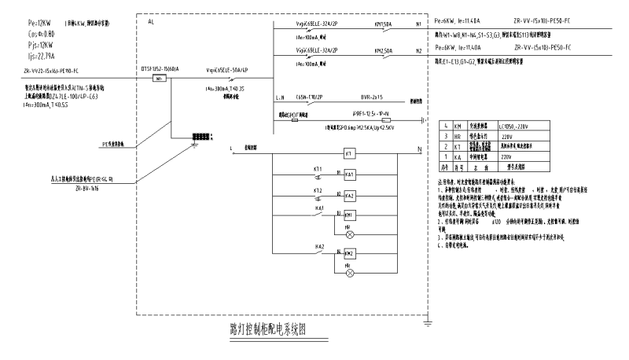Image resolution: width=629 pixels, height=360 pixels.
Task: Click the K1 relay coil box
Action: (x=349, y=154)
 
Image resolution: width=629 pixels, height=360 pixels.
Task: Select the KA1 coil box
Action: (x=349, y=174)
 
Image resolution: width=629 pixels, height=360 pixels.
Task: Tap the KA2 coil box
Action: (x=349, y=195)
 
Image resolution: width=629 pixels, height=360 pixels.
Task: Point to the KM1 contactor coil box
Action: (x=349, y=215)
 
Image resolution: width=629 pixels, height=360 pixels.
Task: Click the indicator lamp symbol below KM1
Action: (x=349, y=234)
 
